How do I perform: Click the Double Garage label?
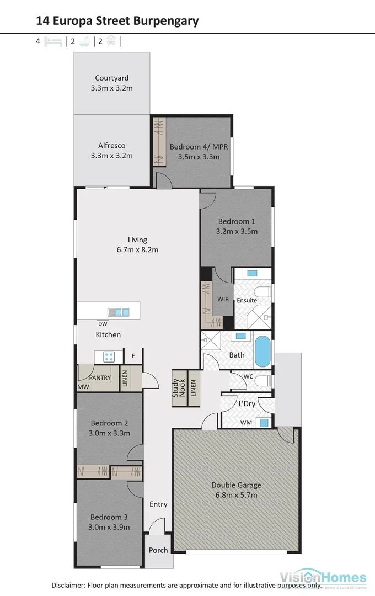236,485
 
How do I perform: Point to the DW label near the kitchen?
103,324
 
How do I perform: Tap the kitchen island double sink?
118,312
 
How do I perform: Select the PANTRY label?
100,378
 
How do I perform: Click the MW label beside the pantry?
83,387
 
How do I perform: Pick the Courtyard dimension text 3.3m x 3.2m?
112,88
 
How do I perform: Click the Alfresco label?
112,146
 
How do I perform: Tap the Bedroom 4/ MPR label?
199,147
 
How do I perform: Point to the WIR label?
222,299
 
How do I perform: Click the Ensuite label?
247,300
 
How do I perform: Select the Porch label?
158,550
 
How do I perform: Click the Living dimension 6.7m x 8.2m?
137,249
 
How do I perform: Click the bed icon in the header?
53,41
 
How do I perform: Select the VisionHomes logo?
323,578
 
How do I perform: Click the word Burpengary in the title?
165,21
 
